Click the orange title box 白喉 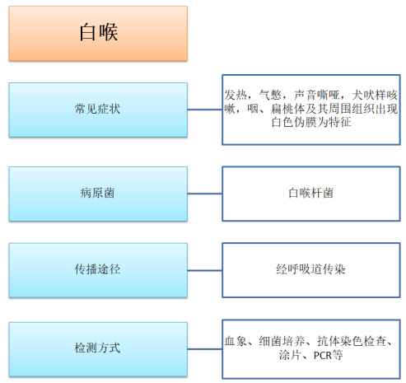click(98, 33)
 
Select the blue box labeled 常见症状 click(98, 110)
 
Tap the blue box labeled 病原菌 click(98, 194)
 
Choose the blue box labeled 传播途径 click(98, 270)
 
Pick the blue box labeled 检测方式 click(98, 349)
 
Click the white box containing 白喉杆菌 click(311, 194)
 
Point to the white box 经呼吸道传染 click(311, 270)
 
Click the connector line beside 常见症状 click(205, 110)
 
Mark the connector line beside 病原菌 click(205, 194)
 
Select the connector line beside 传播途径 click(205, 270)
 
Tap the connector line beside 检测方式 click(205, 349)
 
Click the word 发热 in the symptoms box click(236, 95)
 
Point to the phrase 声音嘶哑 click(316, 95)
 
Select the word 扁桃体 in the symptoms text click(287, 109)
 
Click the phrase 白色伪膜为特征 click(311, 122)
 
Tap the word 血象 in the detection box click(236, 341)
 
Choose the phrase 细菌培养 click(282, 341)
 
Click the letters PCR click(323, 356)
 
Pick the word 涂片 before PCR click(290, 355)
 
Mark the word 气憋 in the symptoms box click(270, 95)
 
